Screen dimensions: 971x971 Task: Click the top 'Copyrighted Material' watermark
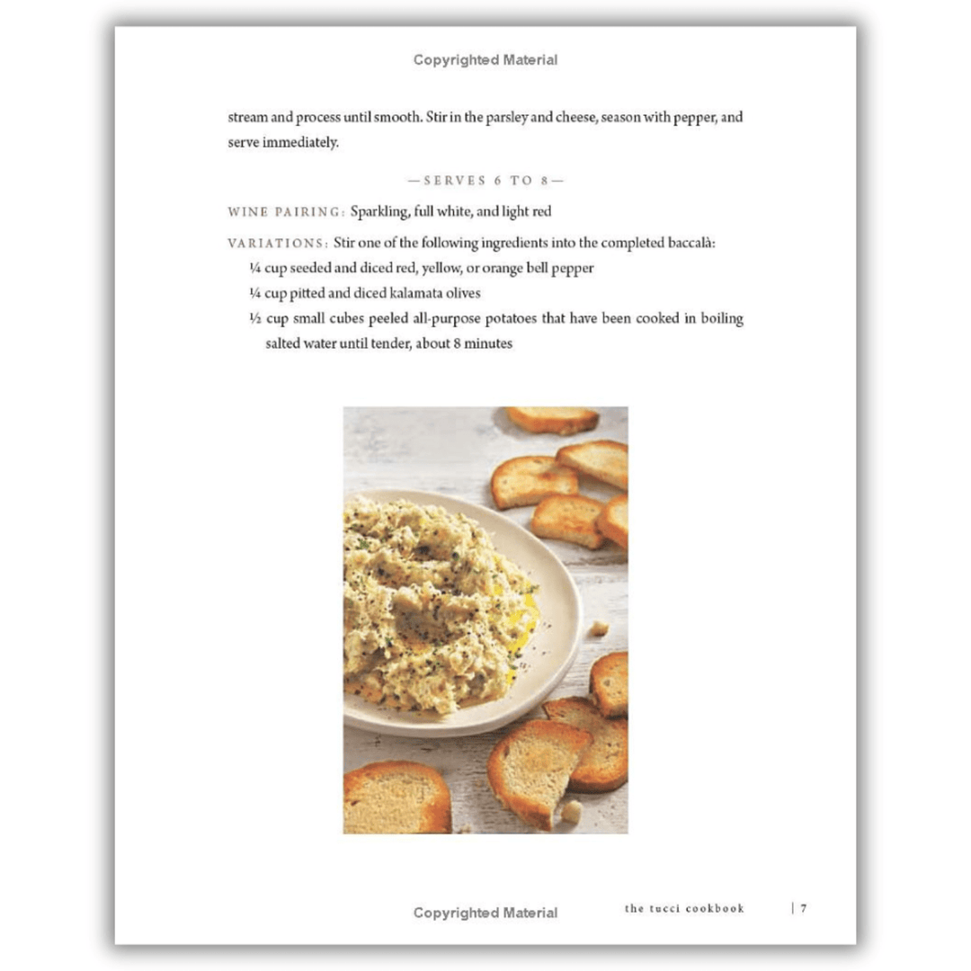point(485,60)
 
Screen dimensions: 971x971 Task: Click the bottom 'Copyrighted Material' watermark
point(485,913)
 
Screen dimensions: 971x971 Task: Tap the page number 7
point(804,908)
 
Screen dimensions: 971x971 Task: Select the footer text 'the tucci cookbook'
point(684,908)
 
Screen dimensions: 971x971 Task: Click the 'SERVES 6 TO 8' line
point(485,181)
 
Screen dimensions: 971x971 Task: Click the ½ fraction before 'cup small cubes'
point(255,319)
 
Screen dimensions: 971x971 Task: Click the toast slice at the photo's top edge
point(551,419)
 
